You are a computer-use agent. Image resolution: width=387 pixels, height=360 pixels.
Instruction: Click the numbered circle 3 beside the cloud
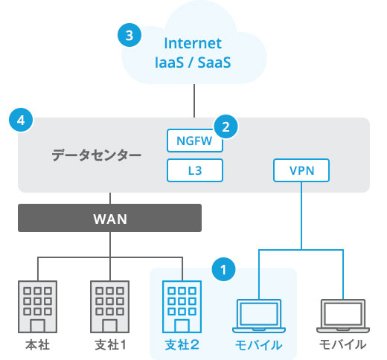click(x=129, y=35)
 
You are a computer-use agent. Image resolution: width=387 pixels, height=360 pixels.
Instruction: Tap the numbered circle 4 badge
click(x=21, y=120)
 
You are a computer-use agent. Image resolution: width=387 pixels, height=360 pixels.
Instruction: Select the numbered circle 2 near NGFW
click(x=226, y=126)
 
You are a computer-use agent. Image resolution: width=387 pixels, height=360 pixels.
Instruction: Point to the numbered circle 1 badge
click(x=223, y=269)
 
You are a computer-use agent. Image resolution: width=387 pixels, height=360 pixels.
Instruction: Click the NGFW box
click(x=195, y=141)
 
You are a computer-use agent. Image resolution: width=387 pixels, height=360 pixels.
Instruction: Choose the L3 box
click(x=195, y=170)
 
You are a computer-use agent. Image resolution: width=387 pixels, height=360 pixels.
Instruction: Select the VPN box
click(x=301, y=170)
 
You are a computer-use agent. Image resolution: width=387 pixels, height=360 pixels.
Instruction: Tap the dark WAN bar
click(x=109, y=218)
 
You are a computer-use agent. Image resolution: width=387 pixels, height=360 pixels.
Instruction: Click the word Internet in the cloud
click(x=193, y=43)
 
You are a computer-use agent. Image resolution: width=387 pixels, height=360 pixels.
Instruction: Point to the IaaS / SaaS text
click(x=193, y=62)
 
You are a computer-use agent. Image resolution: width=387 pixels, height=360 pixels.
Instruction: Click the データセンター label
click(x=96, y=155)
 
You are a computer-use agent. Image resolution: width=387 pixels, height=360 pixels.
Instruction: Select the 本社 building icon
click(x=37, y=306)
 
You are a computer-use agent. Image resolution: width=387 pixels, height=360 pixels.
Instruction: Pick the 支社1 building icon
click(x=109, y=306)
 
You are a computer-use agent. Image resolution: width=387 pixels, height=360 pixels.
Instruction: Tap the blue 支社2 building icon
click(x=182, y=306)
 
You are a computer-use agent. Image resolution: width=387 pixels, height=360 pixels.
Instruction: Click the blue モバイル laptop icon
click(x=259, y=316)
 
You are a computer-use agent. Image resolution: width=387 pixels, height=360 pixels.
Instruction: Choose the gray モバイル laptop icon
click(x=343, y=316)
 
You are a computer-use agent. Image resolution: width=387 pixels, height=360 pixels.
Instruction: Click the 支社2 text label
click(x=182, y=345)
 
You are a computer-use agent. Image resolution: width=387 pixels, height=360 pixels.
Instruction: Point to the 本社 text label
click(x=37, y=345)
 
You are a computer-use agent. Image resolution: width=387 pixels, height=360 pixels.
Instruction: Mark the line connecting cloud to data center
click(x=194, y=100)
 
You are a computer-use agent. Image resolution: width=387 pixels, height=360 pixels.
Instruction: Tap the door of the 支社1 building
click(x=109, y=326)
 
